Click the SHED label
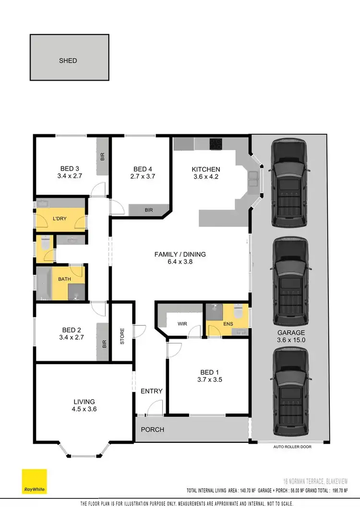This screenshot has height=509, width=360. [x=68, y=61]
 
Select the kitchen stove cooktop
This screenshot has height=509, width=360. [x=216, y=143]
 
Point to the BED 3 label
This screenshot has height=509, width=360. [x=70, y=168]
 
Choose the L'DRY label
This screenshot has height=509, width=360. [x=60, y=219]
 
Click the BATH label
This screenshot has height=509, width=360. [x=65, y=279]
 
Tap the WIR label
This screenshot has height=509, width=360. [x=182, y=324]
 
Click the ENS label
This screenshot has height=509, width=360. [x=228, y=324]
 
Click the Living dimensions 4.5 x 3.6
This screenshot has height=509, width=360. [x=84, y=409]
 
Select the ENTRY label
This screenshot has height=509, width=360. [x=152, y=391]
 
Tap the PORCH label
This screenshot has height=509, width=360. [x=152, y=429]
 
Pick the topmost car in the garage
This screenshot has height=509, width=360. [x=290, y=183]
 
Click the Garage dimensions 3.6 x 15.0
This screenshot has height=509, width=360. [x=290, y=340]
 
